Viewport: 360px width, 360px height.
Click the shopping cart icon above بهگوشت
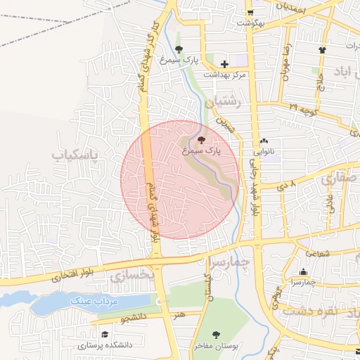pos(250,13)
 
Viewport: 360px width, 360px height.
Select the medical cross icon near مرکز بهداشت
pos(224,64)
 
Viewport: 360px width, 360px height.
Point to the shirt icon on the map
pos(323,50)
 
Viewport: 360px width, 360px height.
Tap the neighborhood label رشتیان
pos(233,102)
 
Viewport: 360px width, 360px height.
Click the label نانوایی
pos(264,151)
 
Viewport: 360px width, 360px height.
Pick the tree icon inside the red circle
pos(202,140)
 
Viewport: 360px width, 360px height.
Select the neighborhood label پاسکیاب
pos(76,153)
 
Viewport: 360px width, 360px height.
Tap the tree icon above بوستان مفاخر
pos(216,335)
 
